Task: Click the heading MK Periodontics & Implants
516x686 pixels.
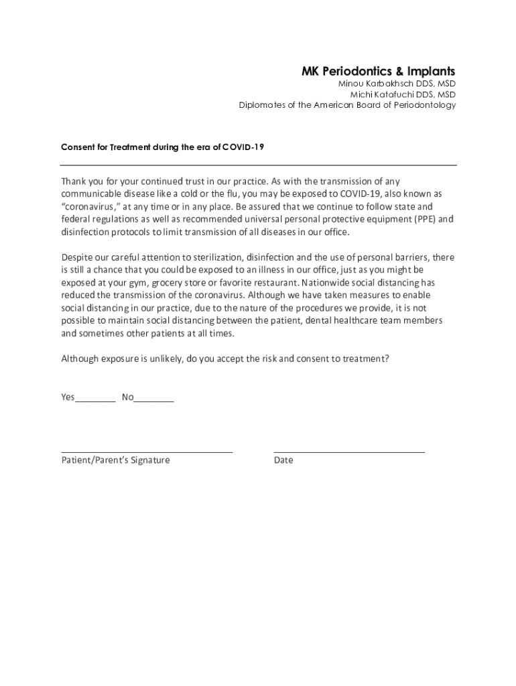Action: pyautogui.click(x=378, y=71)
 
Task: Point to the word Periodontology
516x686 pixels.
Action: pyautogui.click(x=425, y=105)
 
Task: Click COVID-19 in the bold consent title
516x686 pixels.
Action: pyautogui.click(x=243, y=147)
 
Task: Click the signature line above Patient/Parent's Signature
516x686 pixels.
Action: pyautogui.click(x=147, y=452)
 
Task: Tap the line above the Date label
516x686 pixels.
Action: pyautogui.click(x=349, y=452)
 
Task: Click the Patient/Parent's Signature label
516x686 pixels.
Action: pyautogui.click(x=115, y=460)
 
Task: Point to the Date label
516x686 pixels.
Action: pyautogui.click(x=283, y=460)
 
